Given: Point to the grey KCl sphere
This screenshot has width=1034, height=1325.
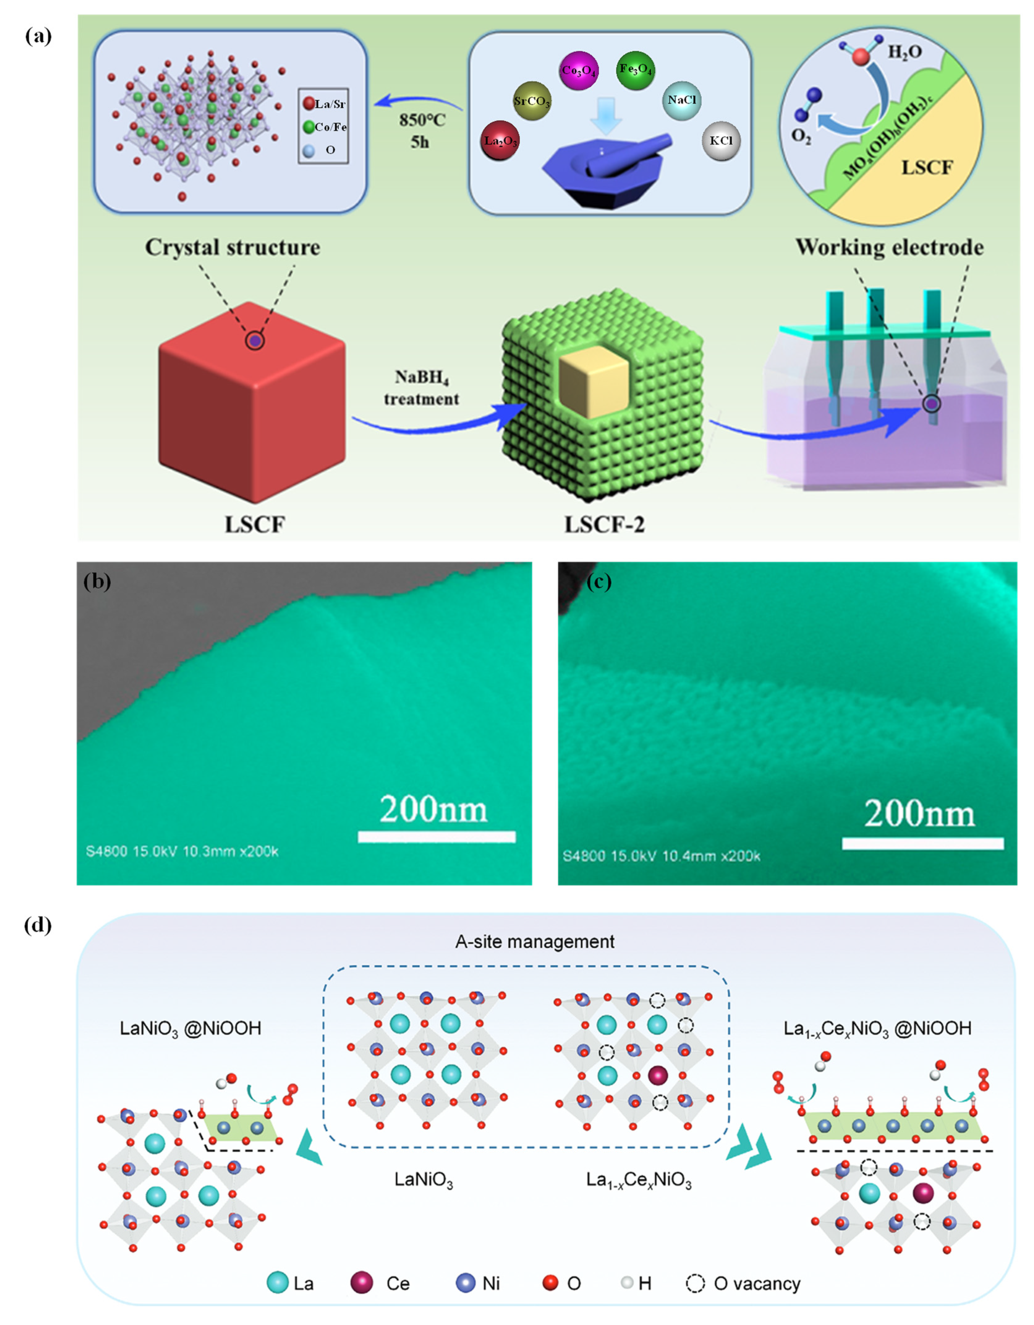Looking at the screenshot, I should click(721, 141).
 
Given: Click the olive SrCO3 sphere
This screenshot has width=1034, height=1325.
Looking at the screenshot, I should click(532, 101).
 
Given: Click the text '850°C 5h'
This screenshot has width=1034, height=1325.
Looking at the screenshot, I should click(421, 130).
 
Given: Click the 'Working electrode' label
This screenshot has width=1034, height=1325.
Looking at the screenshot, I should click(889, 248).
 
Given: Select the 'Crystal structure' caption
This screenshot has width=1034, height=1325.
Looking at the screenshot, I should click(232, 248).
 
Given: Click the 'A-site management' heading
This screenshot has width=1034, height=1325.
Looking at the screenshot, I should click(535, 942).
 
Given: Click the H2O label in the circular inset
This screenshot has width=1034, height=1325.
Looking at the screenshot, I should click(904, 52).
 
